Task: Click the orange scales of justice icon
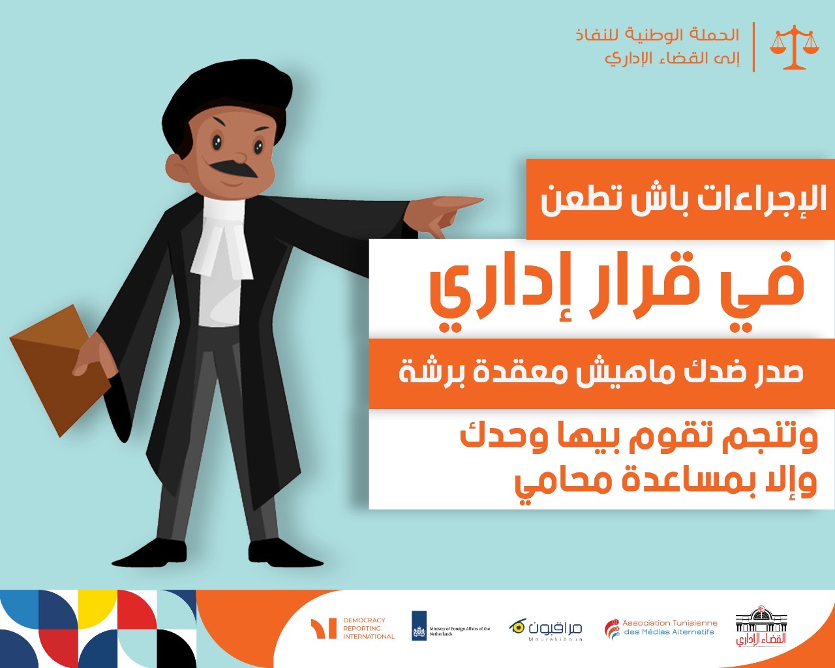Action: point(795,47)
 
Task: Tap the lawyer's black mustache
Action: point(234,169)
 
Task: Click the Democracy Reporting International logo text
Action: point(368,628)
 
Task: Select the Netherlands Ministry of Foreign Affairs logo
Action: point(451,626)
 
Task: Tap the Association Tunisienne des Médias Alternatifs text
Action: point(670,627)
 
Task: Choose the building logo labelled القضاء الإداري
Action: point(761,626)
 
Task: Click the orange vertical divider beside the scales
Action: point(754,47)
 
